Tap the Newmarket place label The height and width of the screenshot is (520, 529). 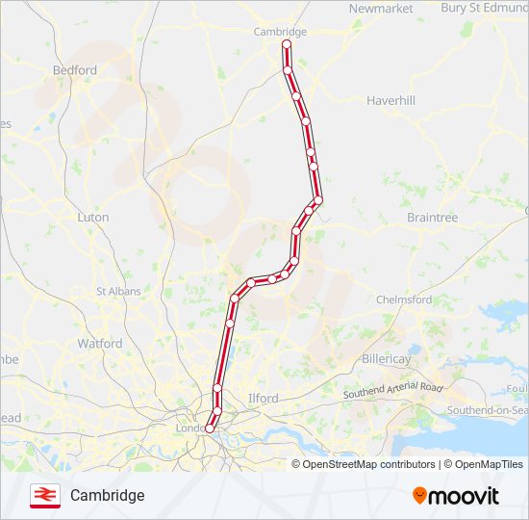[381, 9]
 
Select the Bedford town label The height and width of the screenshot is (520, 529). [75, 70]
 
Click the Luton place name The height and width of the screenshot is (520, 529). [92, 218]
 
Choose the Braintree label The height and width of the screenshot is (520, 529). [432, 218]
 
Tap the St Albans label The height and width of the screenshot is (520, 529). [118, 291]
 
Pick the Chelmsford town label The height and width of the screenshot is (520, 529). [404, 299]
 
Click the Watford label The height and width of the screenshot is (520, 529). [100, 343]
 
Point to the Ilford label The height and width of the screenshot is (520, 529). [263, 398]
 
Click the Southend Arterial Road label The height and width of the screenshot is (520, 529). [393, 391]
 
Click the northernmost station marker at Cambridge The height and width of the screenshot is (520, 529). [286, 44]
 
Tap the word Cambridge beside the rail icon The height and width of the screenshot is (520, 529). [107, 495]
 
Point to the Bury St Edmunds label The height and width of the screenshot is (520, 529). [484, 8]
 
